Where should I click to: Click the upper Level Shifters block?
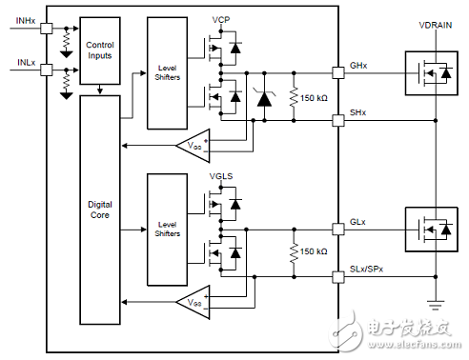coord(168,72)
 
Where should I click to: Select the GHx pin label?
coord(357,64)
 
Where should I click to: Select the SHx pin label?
coord(357,112)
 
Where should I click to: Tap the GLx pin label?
coord(357,221)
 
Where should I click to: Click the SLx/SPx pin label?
coord(368,270)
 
